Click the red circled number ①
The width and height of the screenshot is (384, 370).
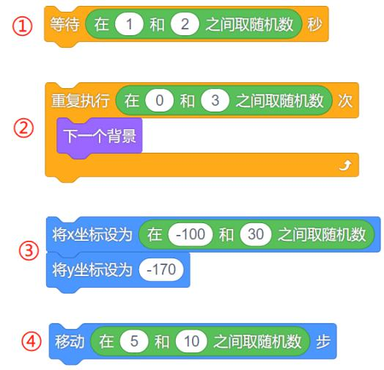click(22, 26)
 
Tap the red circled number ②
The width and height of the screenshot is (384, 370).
click(23, 128)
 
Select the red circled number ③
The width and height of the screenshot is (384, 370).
click(29, 250)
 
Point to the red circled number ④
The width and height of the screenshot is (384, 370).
click(32, 341)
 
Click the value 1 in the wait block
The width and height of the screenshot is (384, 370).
click(129, 24)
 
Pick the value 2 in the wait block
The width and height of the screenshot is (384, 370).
click(185, 24)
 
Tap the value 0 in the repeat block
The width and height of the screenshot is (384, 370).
click(160, 101)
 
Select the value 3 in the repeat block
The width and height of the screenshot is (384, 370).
click(215, 101)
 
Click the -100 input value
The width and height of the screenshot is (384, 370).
click(191, 234)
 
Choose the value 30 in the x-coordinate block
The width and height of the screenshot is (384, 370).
click(256, 234)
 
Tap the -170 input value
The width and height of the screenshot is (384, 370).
click(161, 269)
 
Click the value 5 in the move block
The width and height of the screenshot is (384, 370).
click(134, 341)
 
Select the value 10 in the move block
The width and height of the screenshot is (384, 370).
click(191, 341)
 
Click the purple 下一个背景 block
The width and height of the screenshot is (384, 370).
click(100, 136)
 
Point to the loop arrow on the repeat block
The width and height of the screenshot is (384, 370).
click(345, 165)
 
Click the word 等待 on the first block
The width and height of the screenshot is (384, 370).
click(64, 24)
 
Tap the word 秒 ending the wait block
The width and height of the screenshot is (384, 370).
click(314, 24)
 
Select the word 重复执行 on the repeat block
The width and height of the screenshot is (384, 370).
click(81, 101)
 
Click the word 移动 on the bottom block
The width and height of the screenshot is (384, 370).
click(70, 341)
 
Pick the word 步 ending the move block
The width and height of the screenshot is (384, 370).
click(323, 341)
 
